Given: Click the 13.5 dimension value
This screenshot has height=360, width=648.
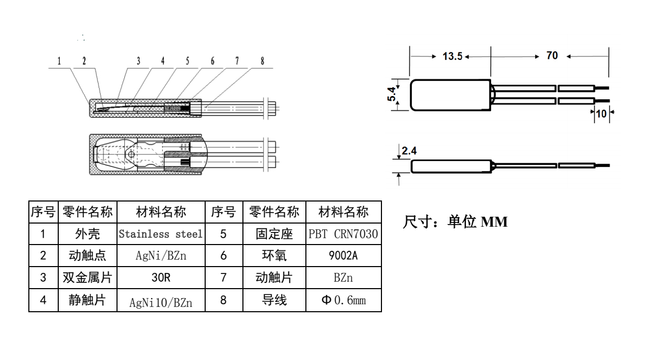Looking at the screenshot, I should (452, 56).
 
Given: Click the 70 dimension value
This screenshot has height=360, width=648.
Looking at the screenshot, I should (552, 56).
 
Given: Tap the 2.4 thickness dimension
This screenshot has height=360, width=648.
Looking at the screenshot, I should (409, 152).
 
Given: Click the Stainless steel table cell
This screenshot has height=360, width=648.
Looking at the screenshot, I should (160, 234).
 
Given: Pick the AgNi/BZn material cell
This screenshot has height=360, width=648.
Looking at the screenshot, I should (160, 256).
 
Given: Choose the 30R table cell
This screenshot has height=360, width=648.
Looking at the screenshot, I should (160, 278).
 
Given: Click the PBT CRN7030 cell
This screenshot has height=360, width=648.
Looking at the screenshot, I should (343, 234).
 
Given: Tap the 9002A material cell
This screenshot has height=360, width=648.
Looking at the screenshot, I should (343, 256).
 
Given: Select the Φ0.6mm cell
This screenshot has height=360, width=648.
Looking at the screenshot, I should (343, 301).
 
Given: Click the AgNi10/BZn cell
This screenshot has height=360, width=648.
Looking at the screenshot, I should (160, 302).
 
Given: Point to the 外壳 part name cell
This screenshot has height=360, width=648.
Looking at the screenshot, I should (87, 234).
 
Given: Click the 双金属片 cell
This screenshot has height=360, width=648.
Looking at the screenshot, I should (87, 278).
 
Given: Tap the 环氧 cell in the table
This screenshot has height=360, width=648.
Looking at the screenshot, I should (274, 256).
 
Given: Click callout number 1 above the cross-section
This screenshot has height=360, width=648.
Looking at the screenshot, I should (59, 61).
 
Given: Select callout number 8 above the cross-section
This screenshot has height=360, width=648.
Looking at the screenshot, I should (262, 61).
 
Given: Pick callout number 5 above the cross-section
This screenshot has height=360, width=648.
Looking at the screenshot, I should (187, 61).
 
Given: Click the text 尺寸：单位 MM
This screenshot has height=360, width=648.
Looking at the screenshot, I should (455, 222).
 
